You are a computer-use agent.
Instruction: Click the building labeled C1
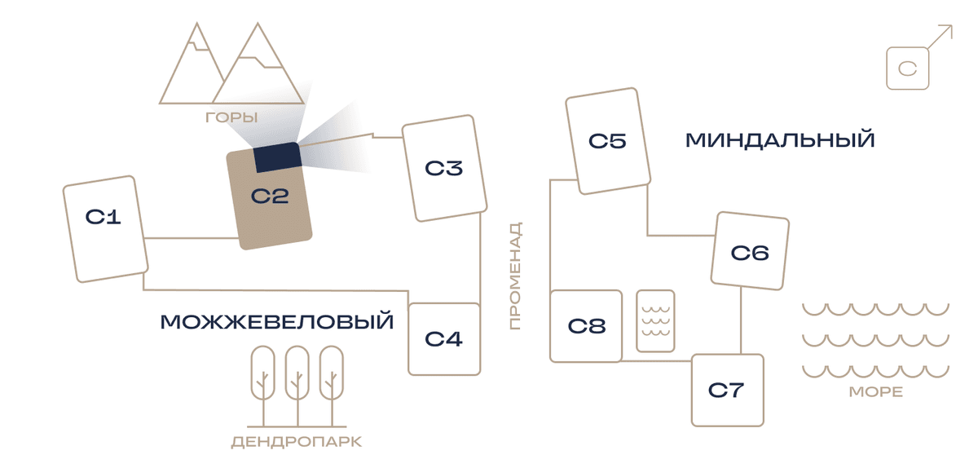tap(106, 229)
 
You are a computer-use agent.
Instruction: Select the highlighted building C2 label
tap(270, 196)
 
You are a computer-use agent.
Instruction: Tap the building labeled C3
tap(444, 168)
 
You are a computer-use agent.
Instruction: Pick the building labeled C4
tap(444, 339)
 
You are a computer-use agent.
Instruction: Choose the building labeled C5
tap(608, 141)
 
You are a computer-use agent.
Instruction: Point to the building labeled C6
tap(750, 251)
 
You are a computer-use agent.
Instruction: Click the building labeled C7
tap(728, 391)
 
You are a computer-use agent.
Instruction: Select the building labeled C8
tap(586, 326)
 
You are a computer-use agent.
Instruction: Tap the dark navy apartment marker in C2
tap(278, 157)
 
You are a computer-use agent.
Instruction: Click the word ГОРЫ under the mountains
tap(231, 117)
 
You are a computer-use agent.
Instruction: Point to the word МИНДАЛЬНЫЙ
tap(780, 140)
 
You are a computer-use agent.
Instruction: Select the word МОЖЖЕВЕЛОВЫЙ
tap(277, 321)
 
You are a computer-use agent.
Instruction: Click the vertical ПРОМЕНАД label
tap(516, 276)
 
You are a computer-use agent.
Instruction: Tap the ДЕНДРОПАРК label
tap(297, 442)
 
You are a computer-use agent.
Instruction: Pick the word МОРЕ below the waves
tap(876, 392)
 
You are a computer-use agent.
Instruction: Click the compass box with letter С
tap(908, 68)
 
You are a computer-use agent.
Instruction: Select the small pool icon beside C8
tap(655, 320)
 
